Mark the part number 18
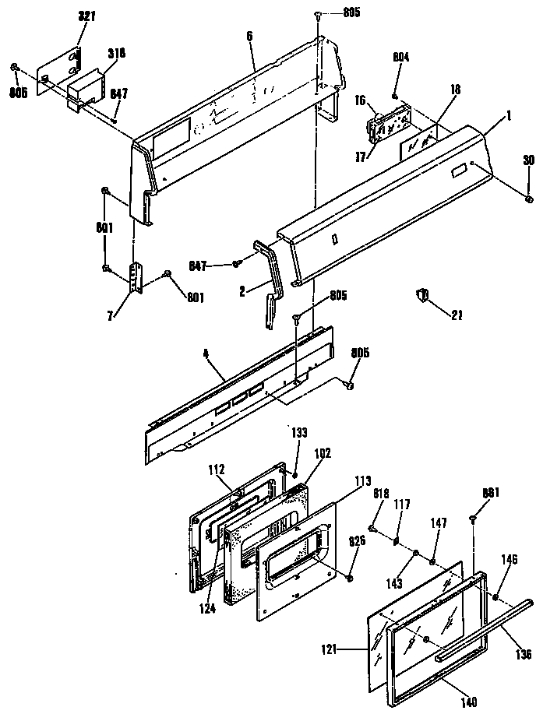455,91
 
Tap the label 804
400,58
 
